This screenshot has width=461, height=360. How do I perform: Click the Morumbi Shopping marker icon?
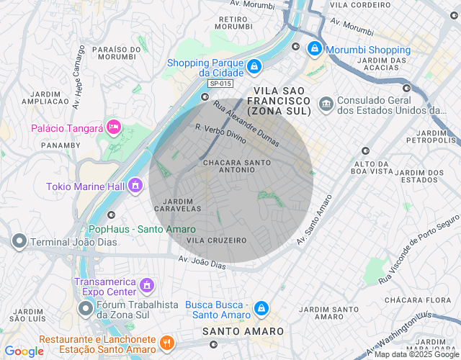[315, 49]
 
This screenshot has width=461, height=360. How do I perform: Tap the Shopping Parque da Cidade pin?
[254, 67]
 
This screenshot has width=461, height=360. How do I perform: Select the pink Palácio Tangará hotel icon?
[113, 127]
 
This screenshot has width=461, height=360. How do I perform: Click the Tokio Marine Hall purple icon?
[135, 186]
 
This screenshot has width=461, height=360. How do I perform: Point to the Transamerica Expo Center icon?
[146, 286]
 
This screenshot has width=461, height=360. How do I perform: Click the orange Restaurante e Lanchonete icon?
[167, 343]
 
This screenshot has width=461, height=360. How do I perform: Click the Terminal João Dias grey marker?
[19, 241]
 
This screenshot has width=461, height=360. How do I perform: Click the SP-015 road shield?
[220, 84]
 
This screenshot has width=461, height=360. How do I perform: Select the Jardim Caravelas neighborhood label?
[178, 204]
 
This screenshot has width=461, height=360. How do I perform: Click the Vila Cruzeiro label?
[216, 240]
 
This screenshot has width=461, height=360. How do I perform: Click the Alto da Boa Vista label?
[372, 167]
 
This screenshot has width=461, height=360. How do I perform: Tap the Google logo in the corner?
[24, 351]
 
